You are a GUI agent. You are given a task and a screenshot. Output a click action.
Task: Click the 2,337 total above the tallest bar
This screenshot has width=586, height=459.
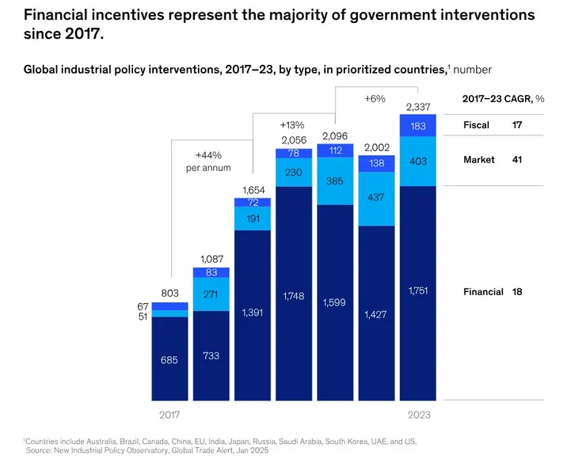tap(419, 107)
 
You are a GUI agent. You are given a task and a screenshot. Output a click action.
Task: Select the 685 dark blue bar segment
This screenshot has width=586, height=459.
tap(169, 358)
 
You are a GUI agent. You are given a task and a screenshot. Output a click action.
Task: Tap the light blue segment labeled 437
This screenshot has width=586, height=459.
tap(377, 198)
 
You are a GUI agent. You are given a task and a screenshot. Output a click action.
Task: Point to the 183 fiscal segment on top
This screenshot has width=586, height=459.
tap(419, 127)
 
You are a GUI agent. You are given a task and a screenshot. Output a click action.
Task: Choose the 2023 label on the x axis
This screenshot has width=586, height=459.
tap(419, 414)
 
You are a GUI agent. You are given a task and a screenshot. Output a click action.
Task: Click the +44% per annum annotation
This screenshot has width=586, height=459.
tap(213, 161)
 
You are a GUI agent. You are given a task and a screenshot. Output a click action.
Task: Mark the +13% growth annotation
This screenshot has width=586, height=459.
tap(292, 125)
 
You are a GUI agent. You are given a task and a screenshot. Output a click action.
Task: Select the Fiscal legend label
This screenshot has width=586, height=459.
tap(476, 125)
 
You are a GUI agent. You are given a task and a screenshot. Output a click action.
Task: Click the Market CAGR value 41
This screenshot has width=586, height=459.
tap(516, 160)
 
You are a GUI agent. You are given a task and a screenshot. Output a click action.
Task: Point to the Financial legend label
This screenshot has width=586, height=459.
tap(483, 292)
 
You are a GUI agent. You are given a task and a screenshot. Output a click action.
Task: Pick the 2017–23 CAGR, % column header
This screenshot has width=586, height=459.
tap(503, 99)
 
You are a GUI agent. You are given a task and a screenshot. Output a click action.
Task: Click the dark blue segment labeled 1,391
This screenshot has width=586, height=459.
tap(253, 313)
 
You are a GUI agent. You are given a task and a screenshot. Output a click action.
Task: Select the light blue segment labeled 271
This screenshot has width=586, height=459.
tap(211, 294)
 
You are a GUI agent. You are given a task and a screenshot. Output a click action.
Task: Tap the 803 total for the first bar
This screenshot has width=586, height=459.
tap(169, 294)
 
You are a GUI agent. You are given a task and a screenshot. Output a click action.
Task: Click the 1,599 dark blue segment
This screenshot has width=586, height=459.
tap(336, 302)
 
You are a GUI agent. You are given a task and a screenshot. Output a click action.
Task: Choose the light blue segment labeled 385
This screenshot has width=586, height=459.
tap(336, 181)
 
